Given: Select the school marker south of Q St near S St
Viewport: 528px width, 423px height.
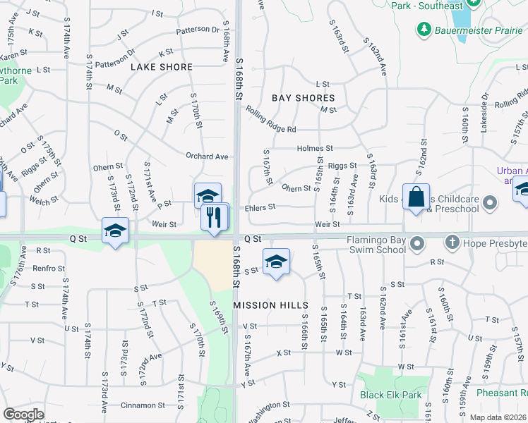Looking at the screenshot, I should pos(276,262).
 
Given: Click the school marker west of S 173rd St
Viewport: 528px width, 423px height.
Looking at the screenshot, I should pos(116,231).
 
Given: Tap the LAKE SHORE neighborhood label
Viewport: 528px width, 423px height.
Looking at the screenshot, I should pos(162,67).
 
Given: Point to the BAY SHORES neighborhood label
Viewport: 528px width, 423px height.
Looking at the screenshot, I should pos(304,98).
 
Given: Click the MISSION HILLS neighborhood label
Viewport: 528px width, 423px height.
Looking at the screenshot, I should pos(270,305).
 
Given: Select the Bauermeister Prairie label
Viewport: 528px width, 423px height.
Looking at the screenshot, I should pos(472,30).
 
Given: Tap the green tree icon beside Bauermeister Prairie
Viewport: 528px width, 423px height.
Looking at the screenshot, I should pos(424,30).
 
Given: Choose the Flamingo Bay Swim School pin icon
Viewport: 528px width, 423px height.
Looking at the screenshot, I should pos(417,244).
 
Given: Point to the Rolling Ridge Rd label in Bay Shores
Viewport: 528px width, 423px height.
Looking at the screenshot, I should pos(271,120).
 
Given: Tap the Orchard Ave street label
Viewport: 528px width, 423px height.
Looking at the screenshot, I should pos(207,157).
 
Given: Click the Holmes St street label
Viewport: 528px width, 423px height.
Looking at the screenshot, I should pos(315,149).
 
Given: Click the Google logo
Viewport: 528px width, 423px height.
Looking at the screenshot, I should pos(23,415).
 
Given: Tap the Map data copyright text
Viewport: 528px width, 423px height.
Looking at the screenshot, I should pos(497,417).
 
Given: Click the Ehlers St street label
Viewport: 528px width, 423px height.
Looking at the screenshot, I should pos(260,207).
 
